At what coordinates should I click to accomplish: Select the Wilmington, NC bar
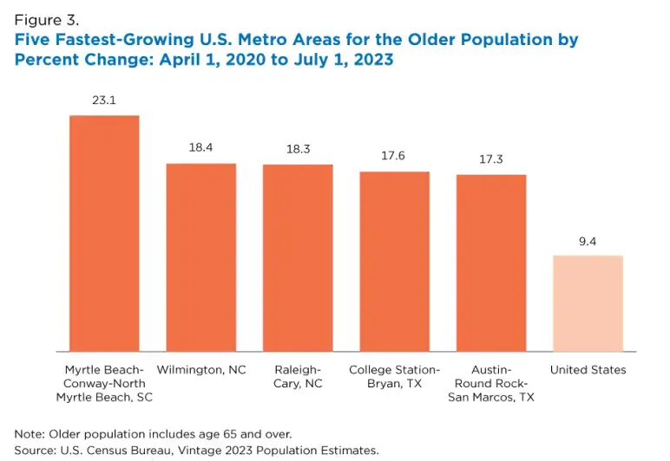(x=201, y=256)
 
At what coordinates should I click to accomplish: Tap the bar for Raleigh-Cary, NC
(x=298, y=257)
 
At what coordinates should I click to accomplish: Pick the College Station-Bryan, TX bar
(x=395, y=261)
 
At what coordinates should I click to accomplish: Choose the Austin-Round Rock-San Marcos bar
(x=491, y=263)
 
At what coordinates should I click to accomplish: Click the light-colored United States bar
(x=588, y=302)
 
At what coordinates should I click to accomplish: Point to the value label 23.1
(x=104, y=101)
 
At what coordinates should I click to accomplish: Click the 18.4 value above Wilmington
(x=201, y=148)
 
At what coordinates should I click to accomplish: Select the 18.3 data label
(x=298, y=149)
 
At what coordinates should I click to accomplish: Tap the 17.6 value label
(x=395, y=156)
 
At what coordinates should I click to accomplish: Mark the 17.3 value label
(x=491, y=159)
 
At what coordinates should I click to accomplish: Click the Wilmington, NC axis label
(x=201, y=370)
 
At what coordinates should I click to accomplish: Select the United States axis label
(x=588, y=370)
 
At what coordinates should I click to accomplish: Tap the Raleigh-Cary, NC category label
(x=298, y=376)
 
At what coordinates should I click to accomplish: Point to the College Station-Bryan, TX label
(x=395, y=376)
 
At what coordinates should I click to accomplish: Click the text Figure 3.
(x=45, y=20)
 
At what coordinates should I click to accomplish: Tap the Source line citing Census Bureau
(x=196, y=450)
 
